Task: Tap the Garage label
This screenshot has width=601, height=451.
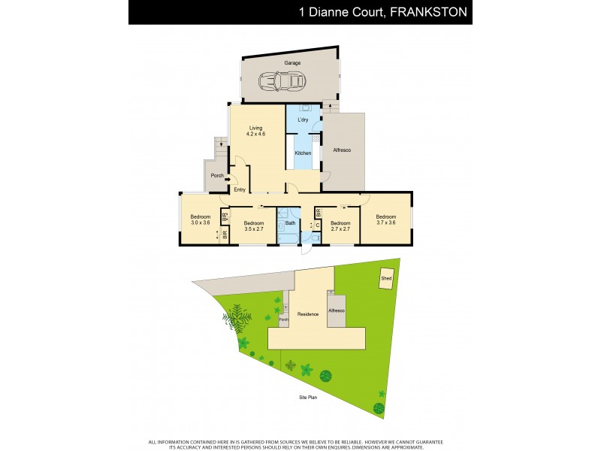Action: (x=292, y=63)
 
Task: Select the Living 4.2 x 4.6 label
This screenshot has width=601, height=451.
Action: (x=256, y=132)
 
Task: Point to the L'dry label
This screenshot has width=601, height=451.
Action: (x=304, y=120)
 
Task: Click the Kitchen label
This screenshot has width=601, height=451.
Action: (x=303, y=153)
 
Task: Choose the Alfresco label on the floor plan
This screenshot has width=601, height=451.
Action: (x=342, y=150)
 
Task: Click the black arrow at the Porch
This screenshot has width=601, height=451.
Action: (x=227, y=179)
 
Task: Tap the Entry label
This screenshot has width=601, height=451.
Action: (x=240, y=189)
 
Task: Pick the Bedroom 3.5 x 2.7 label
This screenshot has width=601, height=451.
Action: (x=253, y=225)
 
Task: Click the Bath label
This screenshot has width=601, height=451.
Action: (x=288, y=222)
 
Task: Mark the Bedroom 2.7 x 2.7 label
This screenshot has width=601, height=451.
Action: (x=341, y=225)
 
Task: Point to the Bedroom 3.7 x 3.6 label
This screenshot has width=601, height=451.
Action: (x=386, y=220)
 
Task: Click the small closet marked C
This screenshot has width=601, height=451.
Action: (x=317, y=224)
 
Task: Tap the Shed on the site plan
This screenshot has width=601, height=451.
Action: (x=386, y=277)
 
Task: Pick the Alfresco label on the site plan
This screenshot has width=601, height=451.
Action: (x=336, y=310)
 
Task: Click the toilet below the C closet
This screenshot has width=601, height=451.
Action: (x=316, y=238)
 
